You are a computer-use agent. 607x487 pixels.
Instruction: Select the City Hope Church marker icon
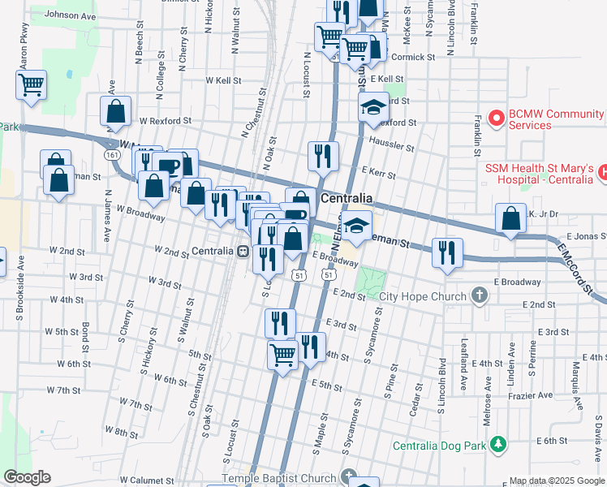click(x=480, y=296)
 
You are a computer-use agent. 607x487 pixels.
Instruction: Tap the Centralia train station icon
click(x=243, y=251)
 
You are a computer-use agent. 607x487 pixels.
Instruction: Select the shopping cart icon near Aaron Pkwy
click(x=31, y=84)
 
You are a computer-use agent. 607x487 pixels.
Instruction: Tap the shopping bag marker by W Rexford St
click(x=116, y=113)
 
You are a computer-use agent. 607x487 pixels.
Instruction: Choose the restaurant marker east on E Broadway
click(x=447, y=252)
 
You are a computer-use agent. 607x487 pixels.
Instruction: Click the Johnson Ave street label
click(x=70, y=15)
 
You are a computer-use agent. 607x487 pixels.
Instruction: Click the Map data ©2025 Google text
click(x=556, y=481)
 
